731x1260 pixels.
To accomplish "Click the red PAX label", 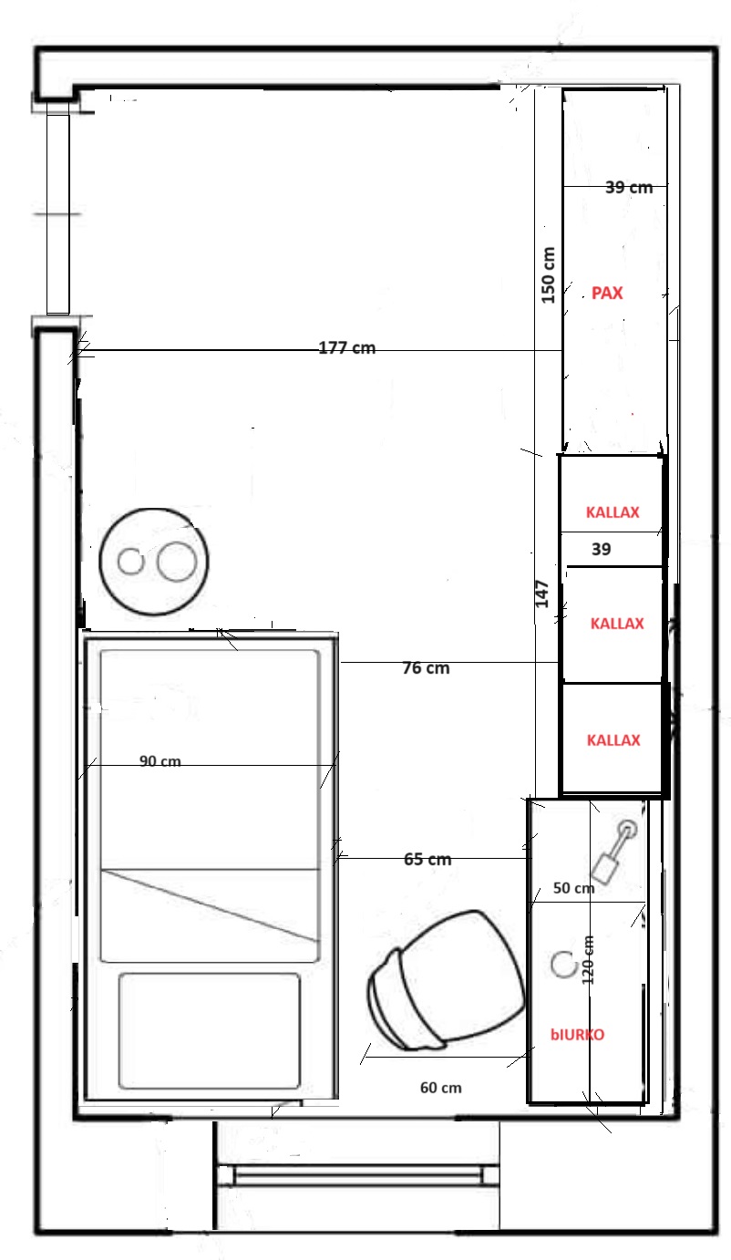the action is [607, 293].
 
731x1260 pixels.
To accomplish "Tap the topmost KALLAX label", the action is [613, 512].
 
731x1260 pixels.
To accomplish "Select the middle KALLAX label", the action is [617, 624].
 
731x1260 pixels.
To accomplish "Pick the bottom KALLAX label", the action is [613, 740].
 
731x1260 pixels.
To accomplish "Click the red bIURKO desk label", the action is [578, 1035].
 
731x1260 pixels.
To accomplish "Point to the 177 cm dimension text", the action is [347, 347].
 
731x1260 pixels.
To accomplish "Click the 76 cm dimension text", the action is [426, 668].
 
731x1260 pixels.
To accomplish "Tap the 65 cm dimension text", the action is [427, 860].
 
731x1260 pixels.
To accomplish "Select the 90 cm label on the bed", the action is [160, 761].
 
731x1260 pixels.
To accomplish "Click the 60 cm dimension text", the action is [441, 1088].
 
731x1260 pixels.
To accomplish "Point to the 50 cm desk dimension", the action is [573, 888].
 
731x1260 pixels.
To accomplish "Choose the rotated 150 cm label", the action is [549, 275].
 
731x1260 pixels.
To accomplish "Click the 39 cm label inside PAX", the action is [629, 187].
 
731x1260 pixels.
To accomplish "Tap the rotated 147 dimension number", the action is [541, 594].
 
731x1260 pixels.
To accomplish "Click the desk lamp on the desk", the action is [613, 852].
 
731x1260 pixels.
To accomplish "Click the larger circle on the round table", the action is [177, 562].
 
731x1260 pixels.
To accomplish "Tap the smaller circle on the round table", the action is [131, 562].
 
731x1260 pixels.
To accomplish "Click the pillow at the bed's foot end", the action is [209, 1031].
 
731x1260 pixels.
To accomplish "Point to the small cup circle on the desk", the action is [564, 965].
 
